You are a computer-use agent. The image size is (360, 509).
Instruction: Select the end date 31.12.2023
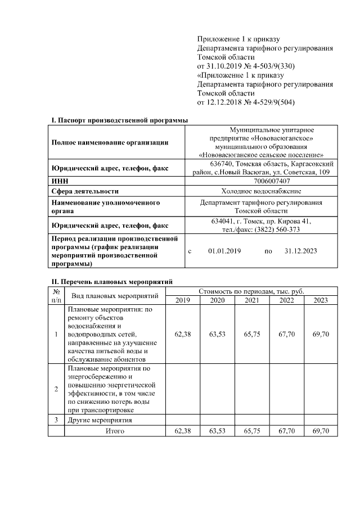(301, 251)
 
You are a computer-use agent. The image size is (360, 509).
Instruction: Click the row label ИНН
(59, 181)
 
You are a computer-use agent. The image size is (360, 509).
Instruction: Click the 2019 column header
(183, 300)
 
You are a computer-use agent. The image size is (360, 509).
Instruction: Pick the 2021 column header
(252, 300)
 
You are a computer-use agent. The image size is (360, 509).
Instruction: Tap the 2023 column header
(321, 300)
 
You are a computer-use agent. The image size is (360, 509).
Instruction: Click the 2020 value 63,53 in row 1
(217, 335)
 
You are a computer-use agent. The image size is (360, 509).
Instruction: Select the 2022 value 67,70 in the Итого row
(287, 431)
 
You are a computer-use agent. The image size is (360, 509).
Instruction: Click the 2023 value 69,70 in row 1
(321, 335)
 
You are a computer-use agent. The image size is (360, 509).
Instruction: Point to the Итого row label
(115, 431)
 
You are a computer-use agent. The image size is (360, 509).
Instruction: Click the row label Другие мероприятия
(100, 420)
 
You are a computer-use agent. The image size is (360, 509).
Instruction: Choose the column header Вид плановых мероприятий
(115, 296)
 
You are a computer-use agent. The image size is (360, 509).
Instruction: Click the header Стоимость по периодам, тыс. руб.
(251, 291)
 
